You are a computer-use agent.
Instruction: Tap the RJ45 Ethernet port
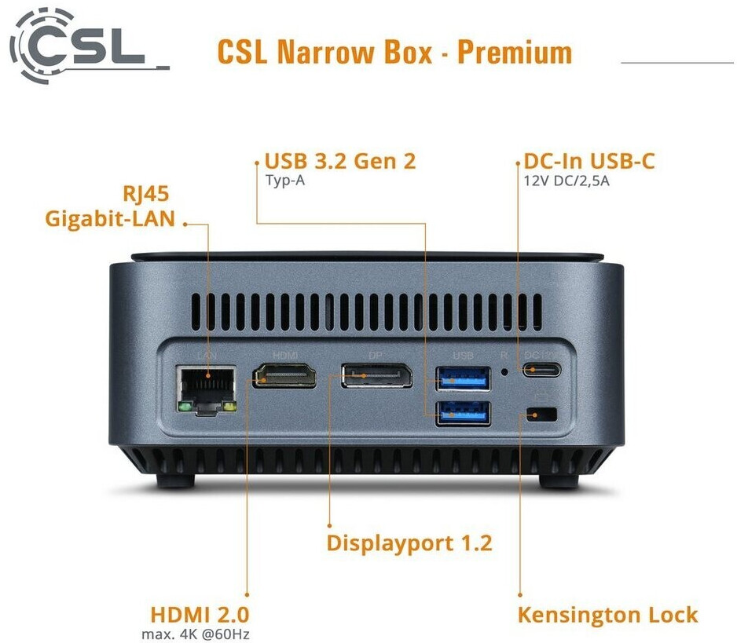click(207, 385)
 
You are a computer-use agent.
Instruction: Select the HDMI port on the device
click(284, 377)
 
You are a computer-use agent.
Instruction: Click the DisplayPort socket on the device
click(376, 376)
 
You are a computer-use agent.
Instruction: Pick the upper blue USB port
click(463, 378)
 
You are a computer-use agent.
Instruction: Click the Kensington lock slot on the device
click(541, 414)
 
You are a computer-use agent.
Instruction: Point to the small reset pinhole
click(504, 371)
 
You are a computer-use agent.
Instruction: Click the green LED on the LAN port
click(183, 407)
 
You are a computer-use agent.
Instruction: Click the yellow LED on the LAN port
click(229, 407)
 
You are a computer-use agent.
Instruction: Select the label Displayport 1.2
click(409, 543)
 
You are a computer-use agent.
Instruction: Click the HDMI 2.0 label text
click(200, 614)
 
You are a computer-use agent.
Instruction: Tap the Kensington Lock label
click(607, 614)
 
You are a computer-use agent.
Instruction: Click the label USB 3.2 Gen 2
click(339, 162)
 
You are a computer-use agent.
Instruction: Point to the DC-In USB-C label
click(589, 162)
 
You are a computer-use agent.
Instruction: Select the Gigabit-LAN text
click(110, 218)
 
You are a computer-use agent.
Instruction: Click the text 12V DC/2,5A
click(566, 180)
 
